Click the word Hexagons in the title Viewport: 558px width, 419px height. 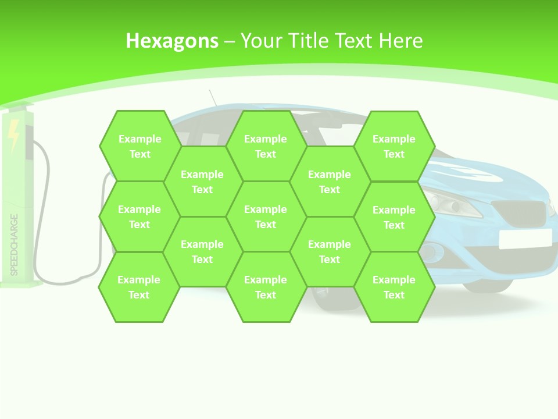click(172, 41)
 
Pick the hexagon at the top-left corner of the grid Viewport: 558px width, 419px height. click(139, 146)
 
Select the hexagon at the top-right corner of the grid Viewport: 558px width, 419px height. click(394, 146)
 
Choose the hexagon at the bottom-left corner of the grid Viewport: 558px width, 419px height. click(139, 287)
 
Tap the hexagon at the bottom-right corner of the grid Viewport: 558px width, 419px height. click(394, 287)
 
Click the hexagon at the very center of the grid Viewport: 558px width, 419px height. click(266, 216)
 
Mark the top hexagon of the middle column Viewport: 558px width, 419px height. click(266, 146)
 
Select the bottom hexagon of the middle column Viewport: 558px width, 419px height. click(266, 287)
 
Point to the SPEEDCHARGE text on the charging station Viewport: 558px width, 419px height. click(15, 245)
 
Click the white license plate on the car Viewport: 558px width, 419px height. click(525, 238)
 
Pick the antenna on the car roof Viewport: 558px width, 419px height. click(213, 98)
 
